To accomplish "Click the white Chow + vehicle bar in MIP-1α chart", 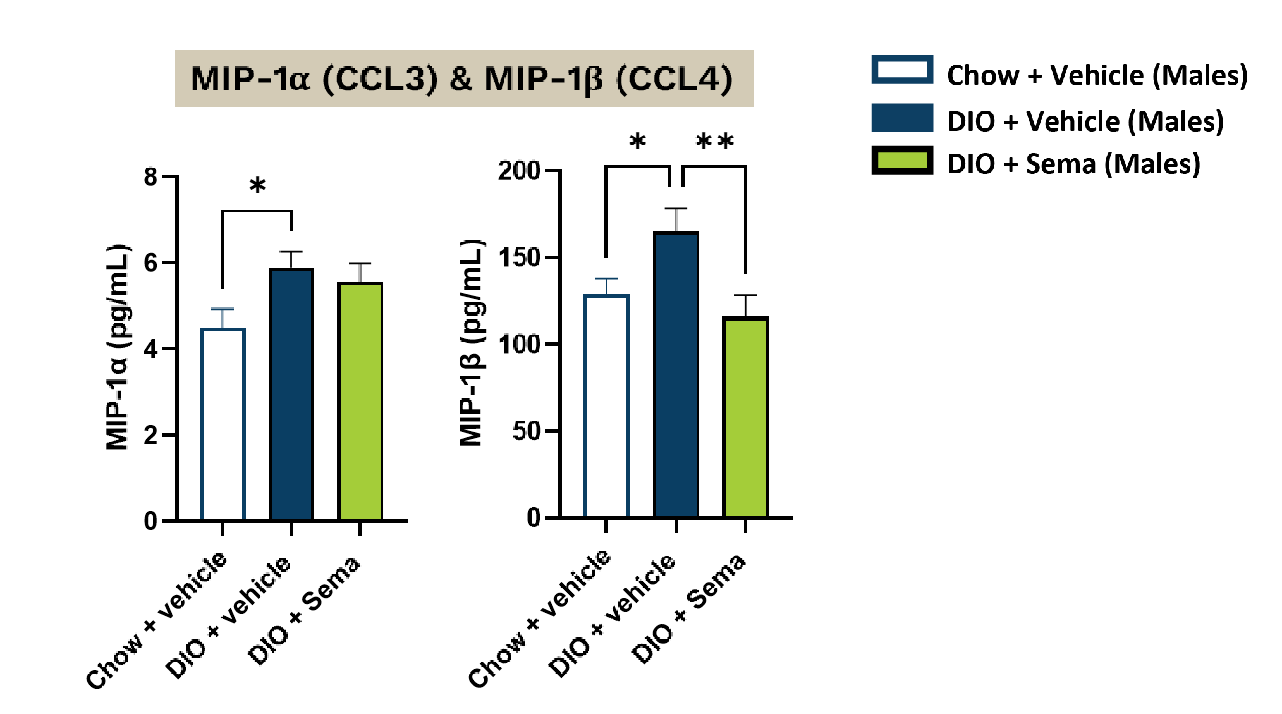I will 223,424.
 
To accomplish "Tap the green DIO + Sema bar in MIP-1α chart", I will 360,402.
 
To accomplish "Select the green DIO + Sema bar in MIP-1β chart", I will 745,417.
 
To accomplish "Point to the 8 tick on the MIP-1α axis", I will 150,177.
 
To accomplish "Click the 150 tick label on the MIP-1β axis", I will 518,258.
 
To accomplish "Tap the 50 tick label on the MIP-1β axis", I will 526,431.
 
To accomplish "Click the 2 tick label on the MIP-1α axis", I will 150,435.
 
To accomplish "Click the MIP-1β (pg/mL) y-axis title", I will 471,343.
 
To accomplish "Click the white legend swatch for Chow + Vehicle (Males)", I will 902,70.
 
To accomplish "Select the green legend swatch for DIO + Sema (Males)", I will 902,160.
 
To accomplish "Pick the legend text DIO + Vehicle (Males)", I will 1085,121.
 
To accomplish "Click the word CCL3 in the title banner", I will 379,80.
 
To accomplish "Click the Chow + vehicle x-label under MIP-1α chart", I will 157,620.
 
